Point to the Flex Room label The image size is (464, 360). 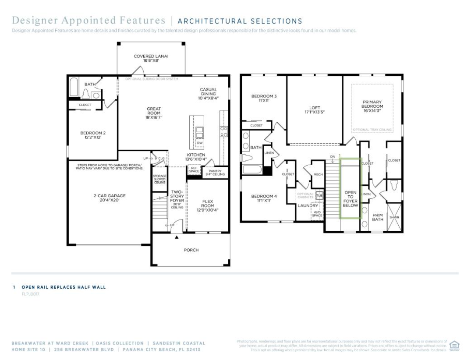(207, 205)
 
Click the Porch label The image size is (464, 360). (191, 250)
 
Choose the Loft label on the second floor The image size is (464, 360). (315, 109)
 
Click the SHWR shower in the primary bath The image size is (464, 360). (394, 217)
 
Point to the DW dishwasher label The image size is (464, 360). (199, 143)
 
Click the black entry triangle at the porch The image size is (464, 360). (177, 237)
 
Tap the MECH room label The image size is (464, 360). (318, 174)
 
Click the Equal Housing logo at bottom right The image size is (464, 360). (454, 345)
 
